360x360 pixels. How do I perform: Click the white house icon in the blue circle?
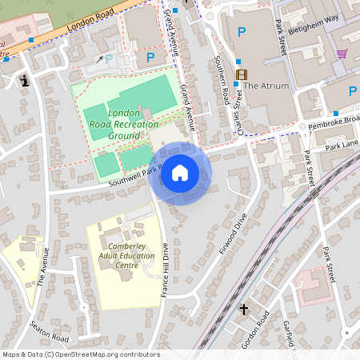180,173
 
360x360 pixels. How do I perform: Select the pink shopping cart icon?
342,54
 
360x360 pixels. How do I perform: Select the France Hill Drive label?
164,270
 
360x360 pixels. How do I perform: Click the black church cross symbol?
244,309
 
